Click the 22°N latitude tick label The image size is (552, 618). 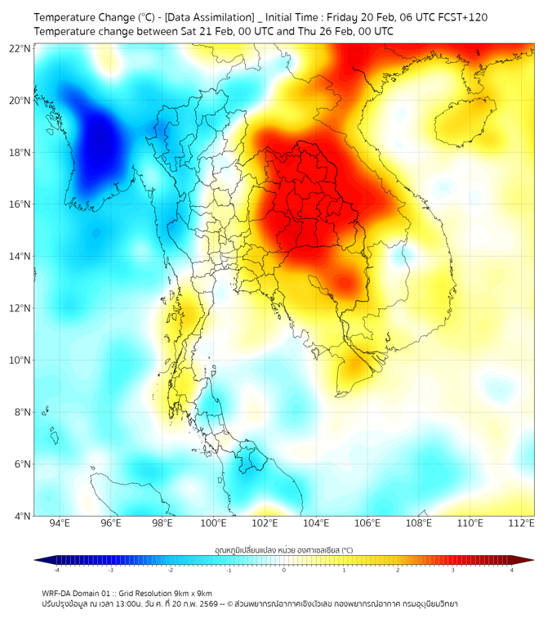20,49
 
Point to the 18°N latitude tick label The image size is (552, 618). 20,153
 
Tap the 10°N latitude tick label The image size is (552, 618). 20,360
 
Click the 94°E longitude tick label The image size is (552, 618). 60,524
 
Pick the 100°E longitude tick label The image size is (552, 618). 213,524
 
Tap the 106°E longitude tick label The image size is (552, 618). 367,524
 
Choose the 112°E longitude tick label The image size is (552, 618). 522,524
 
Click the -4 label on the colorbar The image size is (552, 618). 56,570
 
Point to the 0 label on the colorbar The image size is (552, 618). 284,570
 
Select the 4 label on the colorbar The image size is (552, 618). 511,570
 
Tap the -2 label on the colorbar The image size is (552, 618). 170,570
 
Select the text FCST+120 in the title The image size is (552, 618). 464,16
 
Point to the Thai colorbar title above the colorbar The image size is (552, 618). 283,550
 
